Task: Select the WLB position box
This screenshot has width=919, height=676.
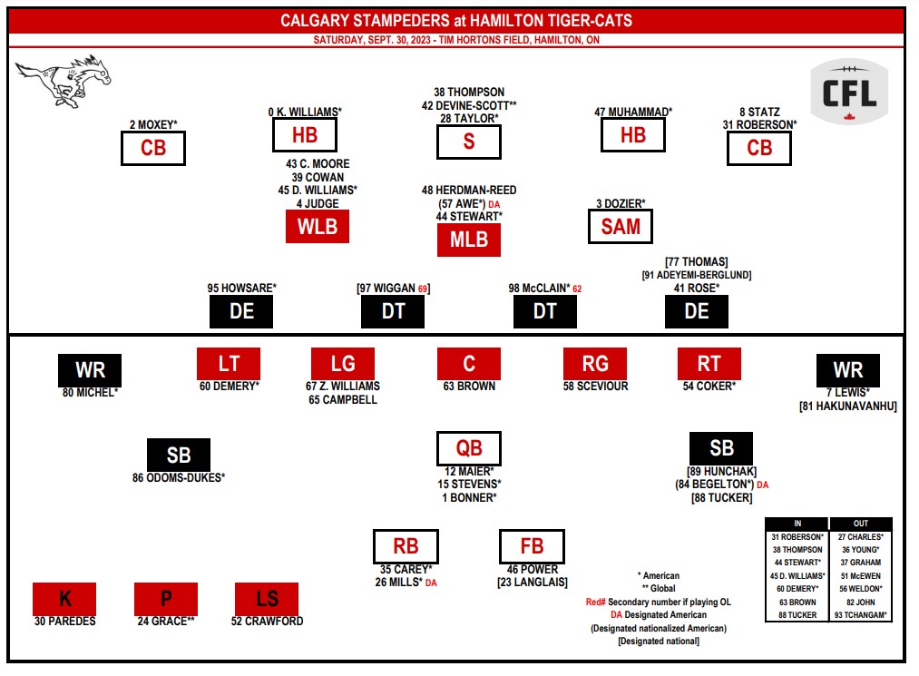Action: point(318,226)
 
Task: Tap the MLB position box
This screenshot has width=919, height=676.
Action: point(469,240)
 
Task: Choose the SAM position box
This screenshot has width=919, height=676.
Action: point(621,226)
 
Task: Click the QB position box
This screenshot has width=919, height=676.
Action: point(469,448)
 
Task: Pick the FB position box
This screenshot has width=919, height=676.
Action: point(532,546)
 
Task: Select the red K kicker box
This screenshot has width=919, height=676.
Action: point(64,599)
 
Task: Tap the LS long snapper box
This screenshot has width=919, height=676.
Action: point(267,599)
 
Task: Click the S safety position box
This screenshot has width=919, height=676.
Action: point(469,142)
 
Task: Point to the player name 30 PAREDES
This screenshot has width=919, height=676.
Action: point(64,622)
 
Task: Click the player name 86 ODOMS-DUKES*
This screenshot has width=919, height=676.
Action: point(179,477)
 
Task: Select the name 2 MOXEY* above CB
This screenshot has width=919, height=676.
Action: point(152,124)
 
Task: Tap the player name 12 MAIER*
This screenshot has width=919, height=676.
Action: point(469,471)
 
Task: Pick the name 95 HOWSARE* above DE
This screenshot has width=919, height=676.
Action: point(242,289)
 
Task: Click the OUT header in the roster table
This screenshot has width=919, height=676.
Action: point(860,524)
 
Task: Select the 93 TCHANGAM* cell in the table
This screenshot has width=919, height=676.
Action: point(860,615)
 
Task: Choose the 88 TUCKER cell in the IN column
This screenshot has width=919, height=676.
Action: point(797,615)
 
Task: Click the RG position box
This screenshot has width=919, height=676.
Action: point(595,364)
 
